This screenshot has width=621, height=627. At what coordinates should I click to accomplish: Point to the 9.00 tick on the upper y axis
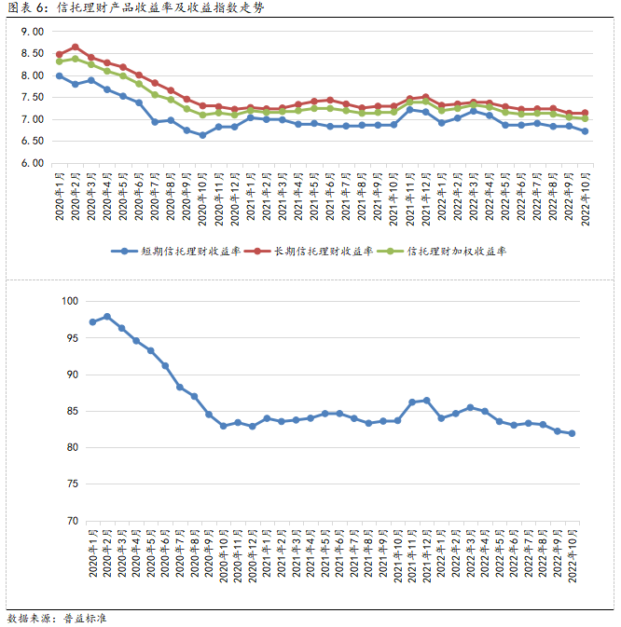(x=32, y=32)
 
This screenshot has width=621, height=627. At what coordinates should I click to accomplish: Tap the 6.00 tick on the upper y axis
(x=32, y=163)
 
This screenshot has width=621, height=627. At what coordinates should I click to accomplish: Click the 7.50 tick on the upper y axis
(x=32, y=97)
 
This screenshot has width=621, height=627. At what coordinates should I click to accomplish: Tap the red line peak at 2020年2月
(x=76, y=48)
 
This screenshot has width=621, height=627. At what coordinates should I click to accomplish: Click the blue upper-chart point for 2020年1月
(x=60, y=76)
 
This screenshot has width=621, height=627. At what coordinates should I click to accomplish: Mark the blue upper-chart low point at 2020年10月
(x=202, y=135)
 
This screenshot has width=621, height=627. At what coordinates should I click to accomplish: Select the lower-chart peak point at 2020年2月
(x=107, y=317)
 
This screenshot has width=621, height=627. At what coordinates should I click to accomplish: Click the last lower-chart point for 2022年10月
(x=571, y=433)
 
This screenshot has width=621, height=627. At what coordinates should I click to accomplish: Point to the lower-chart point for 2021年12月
(x=427, y=401)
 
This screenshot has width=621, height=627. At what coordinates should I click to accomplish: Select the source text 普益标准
(x=86, y=617)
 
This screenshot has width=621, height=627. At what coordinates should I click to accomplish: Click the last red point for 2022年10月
(x=585, y=113)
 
